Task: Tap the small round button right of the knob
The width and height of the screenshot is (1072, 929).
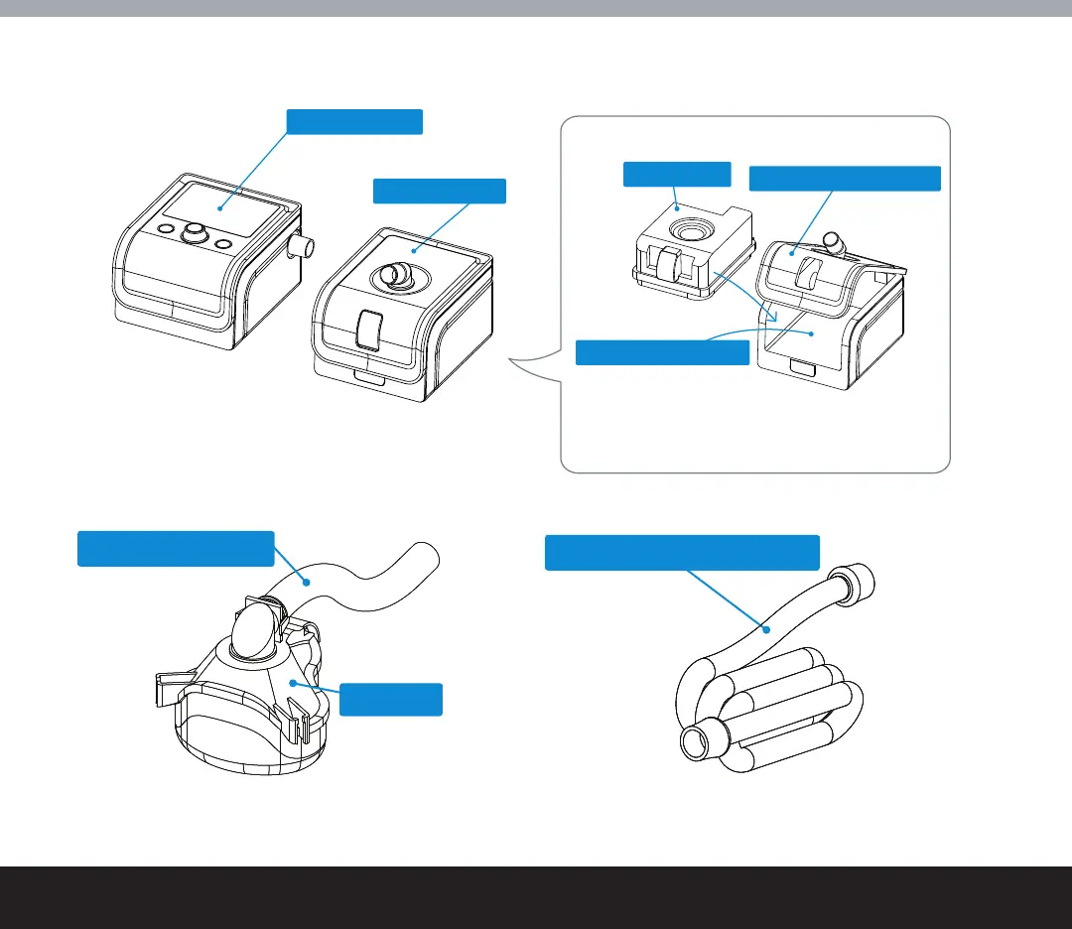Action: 223,244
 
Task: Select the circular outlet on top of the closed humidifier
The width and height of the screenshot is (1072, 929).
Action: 395,276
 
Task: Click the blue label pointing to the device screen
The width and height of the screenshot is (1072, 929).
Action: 354,121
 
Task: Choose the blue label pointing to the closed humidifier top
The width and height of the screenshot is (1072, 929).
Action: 439,191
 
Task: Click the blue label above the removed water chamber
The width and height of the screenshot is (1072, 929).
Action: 676,174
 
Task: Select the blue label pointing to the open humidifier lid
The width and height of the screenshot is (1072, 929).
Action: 844,179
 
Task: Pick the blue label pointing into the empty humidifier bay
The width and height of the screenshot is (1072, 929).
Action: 662,351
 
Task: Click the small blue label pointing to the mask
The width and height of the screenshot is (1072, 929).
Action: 390,699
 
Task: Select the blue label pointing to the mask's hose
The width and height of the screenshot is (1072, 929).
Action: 176,549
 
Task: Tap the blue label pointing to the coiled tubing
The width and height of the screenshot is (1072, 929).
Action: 683,553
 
